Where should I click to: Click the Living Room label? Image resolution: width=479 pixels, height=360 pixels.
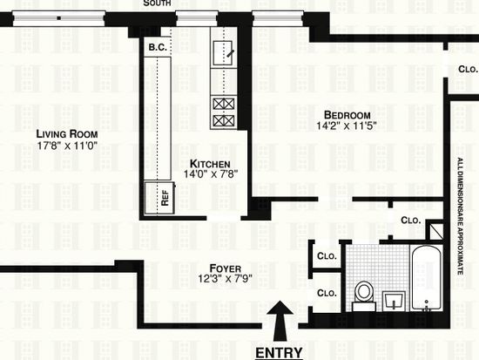67,134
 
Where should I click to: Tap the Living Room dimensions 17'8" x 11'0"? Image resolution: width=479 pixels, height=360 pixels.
67,146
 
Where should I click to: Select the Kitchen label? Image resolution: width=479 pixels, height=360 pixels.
210,164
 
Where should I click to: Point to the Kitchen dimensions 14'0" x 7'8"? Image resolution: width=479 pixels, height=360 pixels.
211,174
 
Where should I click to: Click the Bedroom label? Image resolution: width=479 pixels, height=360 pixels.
347,115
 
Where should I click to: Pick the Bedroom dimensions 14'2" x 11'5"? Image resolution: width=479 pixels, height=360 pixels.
346,126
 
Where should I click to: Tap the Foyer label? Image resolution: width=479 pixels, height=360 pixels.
226,268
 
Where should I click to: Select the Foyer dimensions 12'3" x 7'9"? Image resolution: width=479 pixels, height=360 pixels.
225,279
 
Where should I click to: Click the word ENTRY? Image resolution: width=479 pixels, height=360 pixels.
279,353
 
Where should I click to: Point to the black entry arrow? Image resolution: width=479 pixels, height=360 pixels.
280,321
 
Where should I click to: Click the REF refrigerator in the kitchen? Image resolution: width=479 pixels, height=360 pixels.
159,198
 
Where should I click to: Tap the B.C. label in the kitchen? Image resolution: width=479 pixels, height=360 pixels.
158,47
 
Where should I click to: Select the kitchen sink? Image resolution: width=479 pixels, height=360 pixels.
223,53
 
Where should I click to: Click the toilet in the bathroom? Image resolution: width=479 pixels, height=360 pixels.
364,295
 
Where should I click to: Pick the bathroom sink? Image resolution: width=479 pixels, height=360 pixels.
394,302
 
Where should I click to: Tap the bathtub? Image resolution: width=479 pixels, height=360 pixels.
426,278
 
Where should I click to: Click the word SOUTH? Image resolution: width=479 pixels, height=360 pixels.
157,3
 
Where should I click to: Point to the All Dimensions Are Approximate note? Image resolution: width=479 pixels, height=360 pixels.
461,216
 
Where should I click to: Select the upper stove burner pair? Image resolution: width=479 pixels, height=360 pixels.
224,105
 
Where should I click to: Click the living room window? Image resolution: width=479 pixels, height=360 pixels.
59,18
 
